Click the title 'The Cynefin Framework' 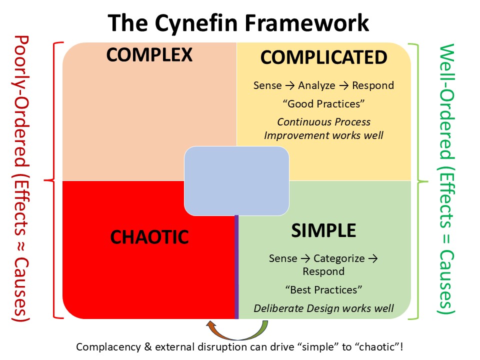[239, 23]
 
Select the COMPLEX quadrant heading [149, 55]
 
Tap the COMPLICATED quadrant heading [323, 57]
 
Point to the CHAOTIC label [149, 236]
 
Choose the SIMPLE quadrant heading [323, 230]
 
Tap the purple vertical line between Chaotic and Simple [236, 270]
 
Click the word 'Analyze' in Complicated [316, 85]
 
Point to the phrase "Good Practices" [323, 103]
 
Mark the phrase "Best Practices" [323, 290]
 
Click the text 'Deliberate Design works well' [323, 308]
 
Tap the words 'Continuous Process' [323, 122]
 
